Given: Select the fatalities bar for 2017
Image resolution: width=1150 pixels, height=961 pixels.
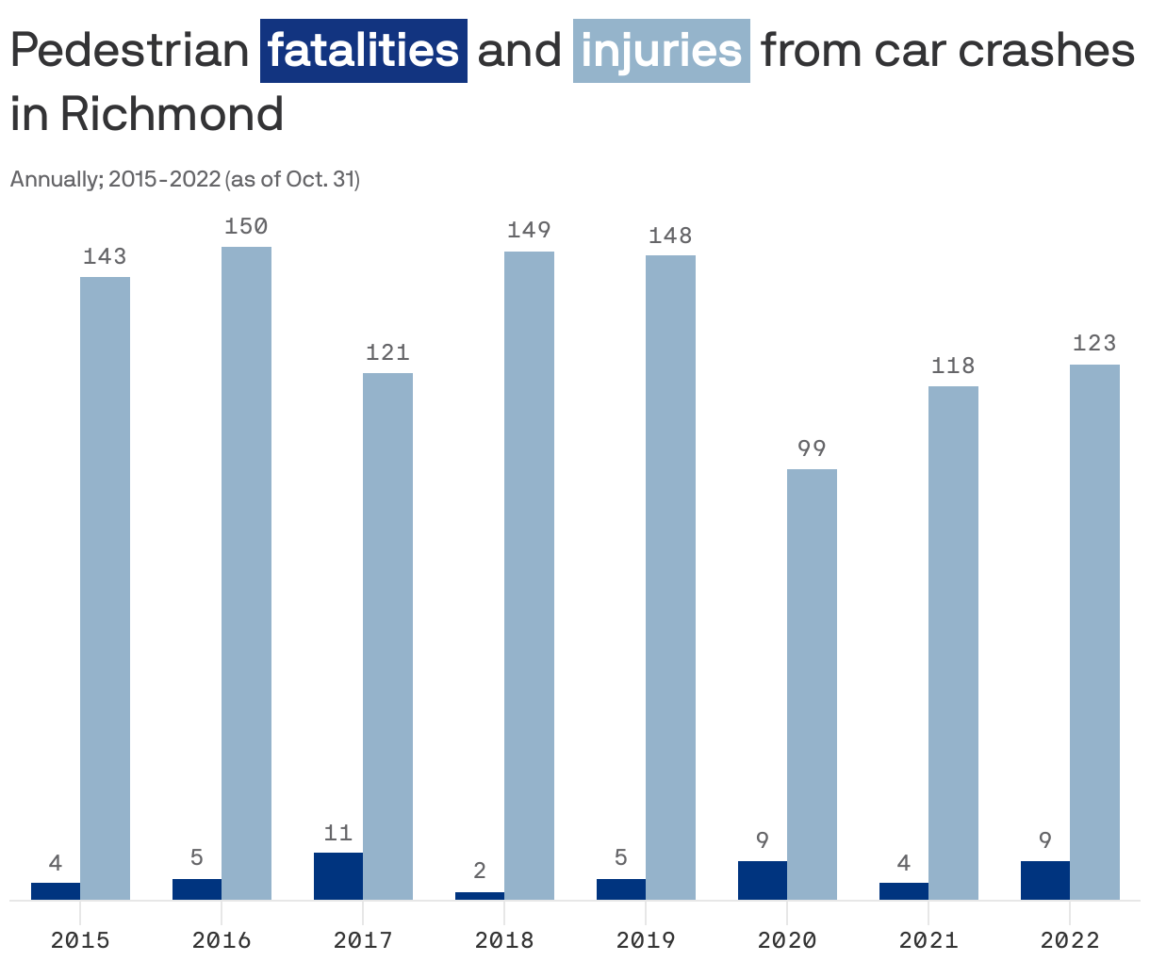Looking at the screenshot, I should click(x=338, y=875).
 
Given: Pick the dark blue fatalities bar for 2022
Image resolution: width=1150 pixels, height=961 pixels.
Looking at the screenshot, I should click(x=1045, y=880).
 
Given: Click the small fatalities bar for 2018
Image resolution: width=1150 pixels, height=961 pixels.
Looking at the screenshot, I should click(x=480, y=895).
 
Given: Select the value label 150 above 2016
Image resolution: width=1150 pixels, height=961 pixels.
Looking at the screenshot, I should click(x=246, y=226).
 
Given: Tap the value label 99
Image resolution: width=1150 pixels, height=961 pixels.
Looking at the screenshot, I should click(x=812, y=448).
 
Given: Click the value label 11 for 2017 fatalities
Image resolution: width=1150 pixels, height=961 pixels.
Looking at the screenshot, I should click(x=338, y=833).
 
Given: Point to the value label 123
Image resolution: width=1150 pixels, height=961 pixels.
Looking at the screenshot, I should click(x=1094, y=343).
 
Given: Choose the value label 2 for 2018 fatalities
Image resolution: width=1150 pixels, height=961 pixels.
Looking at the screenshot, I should click(x=480, y=871).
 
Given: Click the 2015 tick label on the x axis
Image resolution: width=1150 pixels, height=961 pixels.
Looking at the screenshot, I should click(x=80, y=939).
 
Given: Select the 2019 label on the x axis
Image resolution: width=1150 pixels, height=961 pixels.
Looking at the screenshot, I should click(x=646, y=939).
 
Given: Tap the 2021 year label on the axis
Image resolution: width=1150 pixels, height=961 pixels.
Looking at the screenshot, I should click(x=928, y=939).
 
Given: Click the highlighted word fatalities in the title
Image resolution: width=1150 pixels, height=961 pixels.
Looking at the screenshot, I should click(x=364, y=51).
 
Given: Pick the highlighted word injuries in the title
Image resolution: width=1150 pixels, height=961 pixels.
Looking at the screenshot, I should click(x=661, y=51).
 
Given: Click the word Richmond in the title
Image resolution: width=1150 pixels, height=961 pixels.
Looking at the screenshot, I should click(x=172, y=115).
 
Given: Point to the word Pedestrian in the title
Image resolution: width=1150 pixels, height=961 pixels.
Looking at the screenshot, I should click(x=129, y=51).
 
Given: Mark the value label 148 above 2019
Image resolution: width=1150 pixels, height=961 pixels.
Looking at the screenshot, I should click(x=670, y=236).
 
